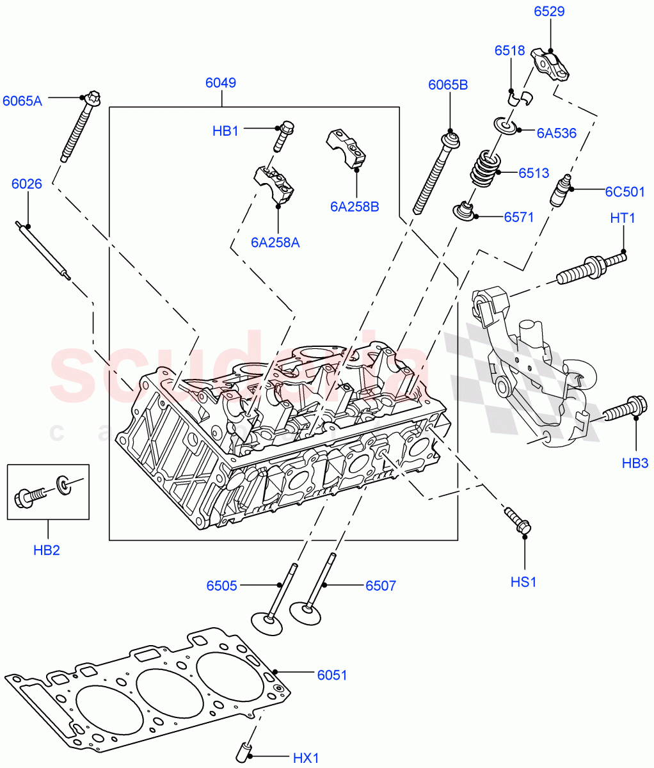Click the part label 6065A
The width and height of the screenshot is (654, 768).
[22, 100]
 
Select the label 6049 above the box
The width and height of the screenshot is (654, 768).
[221, 83]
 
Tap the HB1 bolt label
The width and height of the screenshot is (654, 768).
[225, 131]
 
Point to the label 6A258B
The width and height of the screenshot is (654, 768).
[355, 207]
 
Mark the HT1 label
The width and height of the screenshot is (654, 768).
[623, 218]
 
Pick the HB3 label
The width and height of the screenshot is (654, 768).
[635, 463]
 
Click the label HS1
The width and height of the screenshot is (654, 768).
[523, 582]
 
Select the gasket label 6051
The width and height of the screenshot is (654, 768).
[332, 675]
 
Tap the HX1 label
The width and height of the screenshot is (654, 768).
[306, 758]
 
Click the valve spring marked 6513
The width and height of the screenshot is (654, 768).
[484, 168]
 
